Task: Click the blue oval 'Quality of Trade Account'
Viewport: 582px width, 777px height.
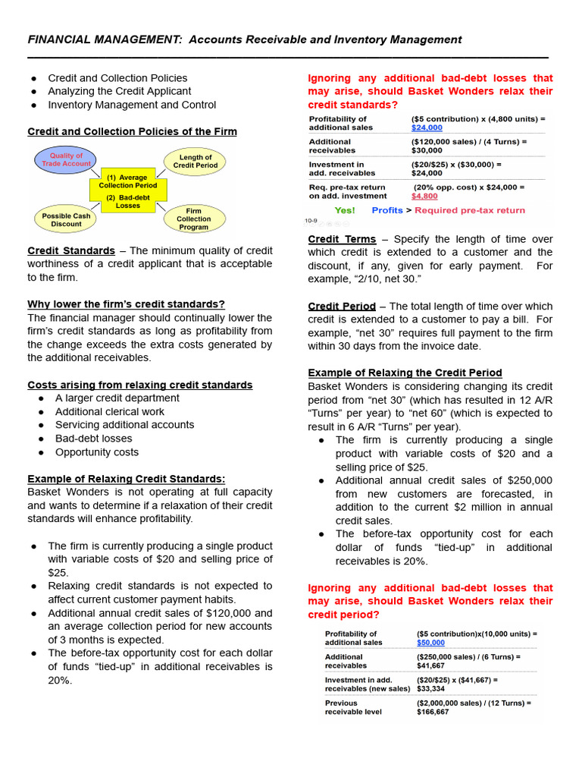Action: click(x=66, y=160)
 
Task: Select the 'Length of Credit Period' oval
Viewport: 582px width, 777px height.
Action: click(x=195, y=161)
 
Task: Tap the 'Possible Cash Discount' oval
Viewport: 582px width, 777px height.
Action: click(x=66, y=219)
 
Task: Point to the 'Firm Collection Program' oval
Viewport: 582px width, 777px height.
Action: click(x=194, y=219)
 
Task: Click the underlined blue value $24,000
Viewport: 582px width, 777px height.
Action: click(x=427, y=128)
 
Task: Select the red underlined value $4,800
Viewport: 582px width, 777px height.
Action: click(x=424, y=196)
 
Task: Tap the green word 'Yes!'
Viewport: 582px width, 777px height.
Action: click(x=345, y=210)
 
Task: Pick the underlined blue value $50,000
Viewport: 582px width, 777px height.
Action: click(x=431, y=643)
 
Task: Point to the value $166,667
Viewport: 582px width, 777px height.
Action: click(x=433, y=712)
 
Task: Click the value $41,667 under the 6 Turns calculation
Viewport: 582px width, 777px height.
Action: click(x=430, y=665)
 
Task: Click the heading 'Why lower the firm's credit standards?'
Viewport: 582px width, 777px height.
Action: click(x=126, y=304)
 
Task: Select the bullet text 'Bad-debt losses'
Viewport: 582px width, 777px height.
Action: click(x=93, y=439)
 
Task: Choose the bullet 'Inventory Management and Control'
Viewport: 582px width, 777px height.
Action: click(x=132, y=105)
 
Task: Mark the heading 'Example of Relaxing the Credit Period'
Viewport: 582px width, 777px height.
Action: click(x=405, y=373)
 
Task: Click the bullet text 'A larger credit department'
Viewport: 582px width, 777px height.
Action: click(x=117, y=398)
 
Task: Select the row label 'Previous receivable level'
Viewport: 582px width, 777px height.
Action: click(x=353, y=707)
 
